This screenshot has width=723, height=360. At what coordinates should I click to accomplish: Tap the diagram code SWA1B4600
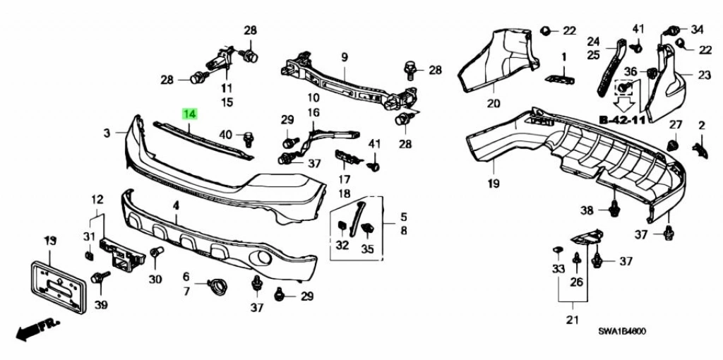(x=623, y=330)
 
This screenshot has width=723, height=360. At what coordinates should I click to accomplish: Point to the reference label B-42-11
(x=622, y=120)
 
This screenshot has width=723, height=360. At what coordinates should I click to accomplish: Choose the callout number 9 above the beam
(x=345, y=56)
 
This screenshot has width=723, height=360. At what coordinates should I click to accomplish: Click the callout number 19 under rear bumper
(x=493, y=184)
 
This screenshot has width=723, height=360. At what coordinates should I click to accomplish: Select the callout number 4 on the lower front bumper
(x=176, y=205)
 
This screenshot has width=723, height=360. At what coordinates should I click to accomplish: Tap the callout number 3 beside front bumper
(x=106, y=133)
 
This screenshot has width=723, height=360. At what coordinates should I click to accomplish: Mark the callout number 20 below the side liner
(x=493, y=104)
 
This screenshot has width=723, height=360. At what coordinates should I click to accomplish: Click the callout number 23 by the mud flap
(x=704, y=75)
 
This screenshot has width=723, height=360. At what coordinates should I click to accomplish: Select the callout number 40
(x=225, y=135)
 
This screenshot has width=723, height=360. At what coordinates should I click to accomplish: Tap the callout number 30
(x=155, y=279)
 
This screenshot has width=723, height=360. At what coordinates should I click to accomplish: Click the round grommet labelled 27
(x=673, y=145)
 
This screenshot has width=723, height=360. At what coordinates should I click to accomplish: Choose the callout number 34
(x=698, y=29)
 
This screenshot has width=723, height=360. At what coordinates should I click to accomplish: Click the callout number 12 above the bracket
(x=97, y=200)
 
